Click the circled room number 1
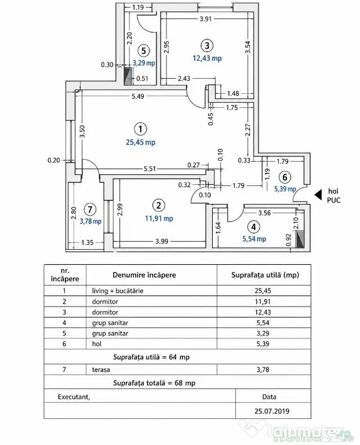pos(140,129)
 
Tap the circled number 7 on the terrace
pos(90,209)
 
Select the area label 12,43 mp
pos(208,59)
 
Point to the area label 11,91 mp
pos(159,218)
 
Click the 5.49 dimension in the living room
pos(138,97)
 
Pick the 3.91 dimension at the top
pos(206,19)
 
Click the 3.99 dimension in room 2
pos(162,241)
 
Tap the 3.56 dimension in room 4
pos(264,213)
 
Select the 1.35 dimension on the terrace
pos(87,243)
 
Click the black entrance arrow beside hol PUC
pos(318,195)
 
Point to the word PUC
pos(333,200)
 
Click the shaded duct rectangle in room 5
pos(128,76)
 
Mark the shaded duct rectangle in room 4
pos(300,239)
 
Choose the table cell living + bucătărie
pos(118,291)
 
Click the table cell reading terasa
pos(101,370)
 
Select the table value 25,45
pos(263,291)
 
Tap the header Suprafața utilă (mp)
pos(265,275)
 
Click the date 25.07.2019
pos(272,411)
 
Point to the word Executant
pos(74,397)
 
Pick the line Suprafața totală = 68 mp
pos(154,383)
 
